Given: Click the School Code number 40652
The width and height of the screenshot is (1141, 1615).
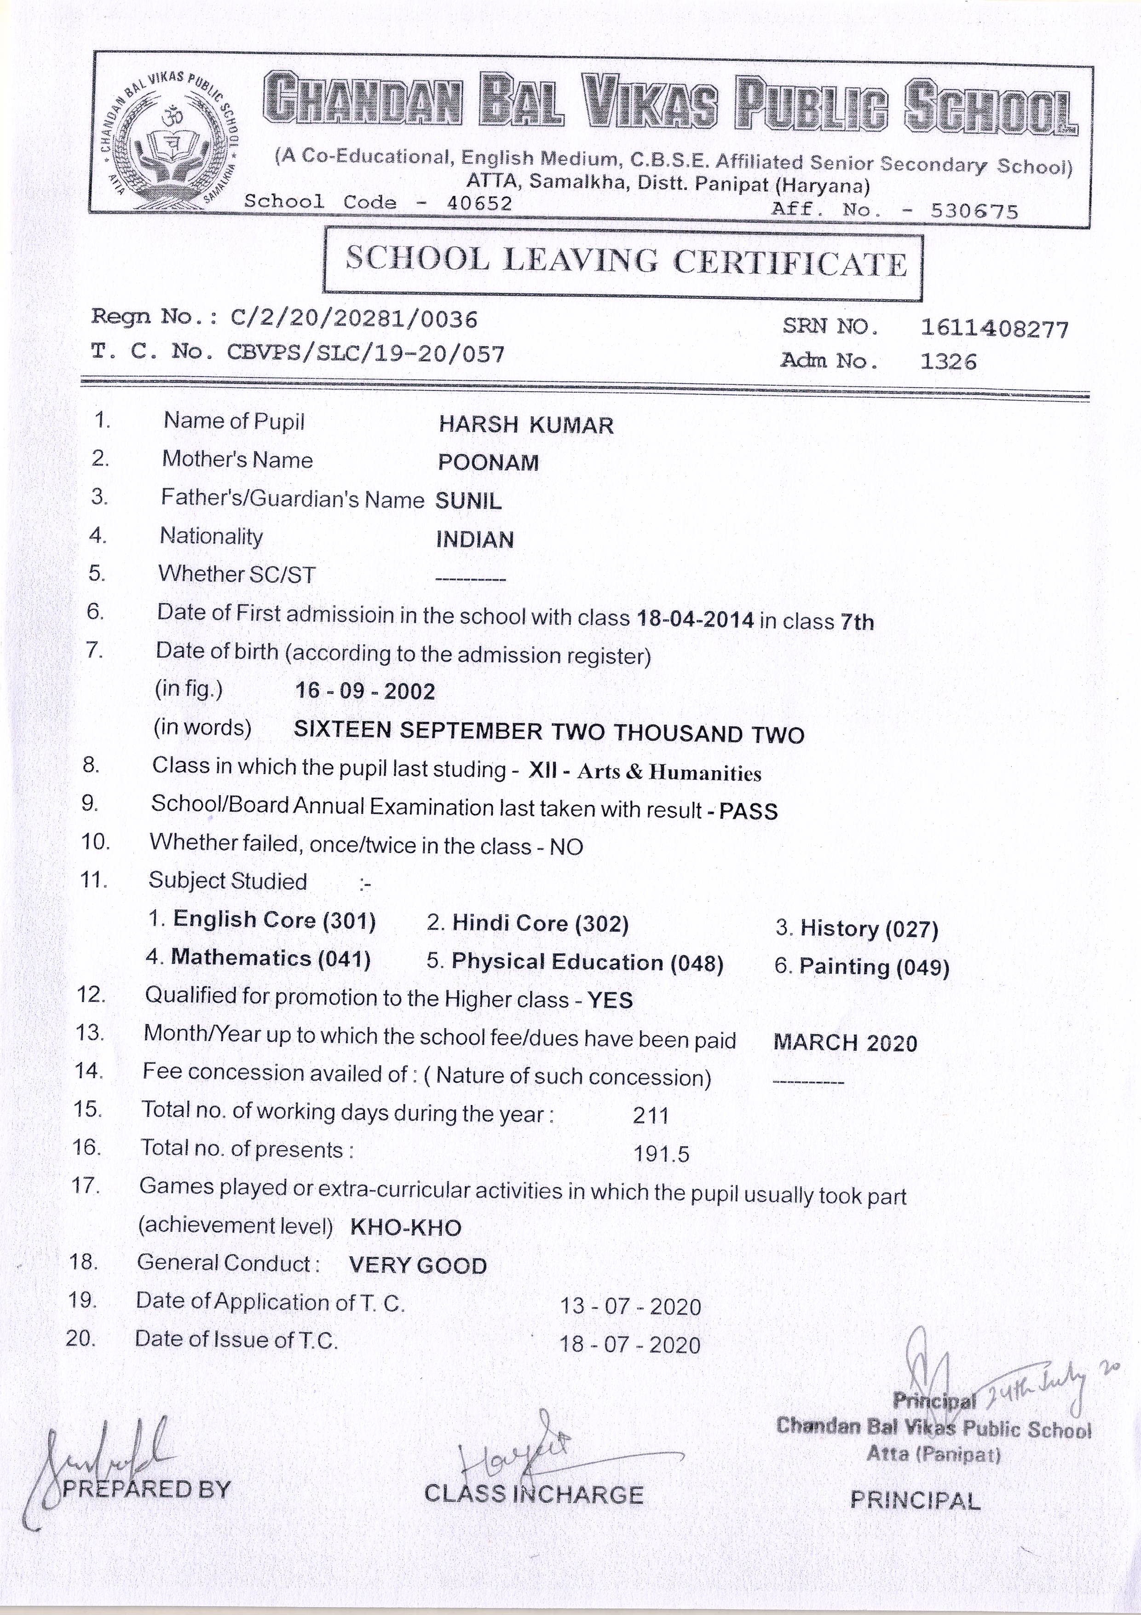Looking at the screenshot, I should pos(479,203).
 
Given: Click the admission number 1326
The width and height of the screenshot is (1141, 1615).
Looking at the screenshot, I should pos(948,361).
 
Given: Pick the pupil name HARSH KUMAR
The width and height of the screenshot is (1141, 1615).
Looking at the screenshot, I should pos(526,425).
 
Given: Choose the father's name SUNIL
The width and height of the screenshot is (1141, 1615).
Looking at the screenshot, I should pos(469,501).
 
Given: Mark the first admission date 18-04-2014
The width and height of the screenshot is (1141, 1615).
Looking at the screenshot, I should pos(695,620).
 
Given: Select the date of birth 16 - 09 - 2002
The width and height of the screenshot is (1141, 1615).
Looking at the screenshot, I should pos(365,691).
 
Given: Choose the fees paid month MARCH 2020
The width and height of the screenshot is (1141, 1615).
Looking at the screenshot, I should pos(845,1042).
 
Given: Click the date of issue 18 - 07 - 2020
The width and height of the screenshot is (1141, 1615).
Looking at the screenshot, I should pos(630,1345).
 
